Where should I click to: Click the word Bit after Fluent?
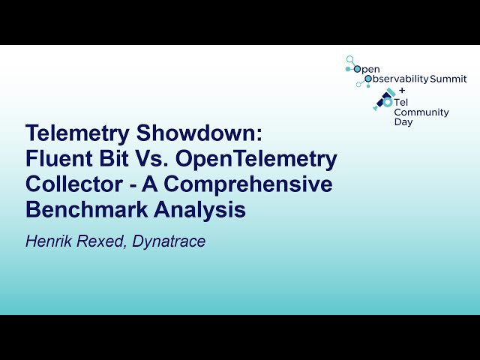tap(114, 160)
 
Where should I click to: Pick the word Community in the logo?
tap(421, 112)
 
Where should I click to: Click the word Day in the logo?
tap(403, 122)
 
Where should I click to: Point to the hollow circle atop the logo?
tap(349, 58)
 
